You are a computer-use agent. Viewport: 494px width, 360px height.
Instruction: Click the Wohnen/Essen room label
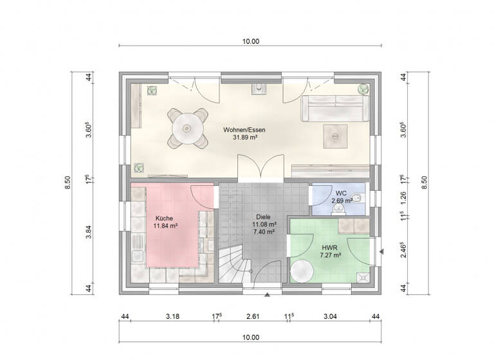point(244,129)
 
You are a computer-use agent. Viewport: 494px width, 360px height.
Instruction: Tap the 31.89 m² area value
point(244,137)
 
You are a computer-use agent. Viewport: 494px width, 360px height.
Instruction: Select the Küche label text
point(164,219)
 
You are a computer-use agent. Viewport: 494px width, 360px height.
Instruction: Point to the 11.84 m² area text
point(166,226)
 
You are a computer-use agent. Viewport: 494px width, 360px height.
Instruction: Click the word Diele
point(263,217)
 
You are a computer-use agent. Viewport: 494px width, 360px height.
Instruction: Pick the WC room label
point(341,193)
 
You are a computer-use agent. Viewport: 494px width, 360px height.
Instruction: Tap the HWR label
point(329,246)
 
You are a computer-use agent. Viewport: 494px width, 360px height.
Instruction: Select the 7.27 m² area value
point(330,255)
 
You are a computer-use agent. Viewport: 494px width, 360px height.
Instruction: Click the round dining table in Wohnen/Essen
point(188,127)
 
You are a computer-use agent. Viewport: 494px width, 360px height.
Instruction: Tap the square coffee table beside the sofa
point(335,135)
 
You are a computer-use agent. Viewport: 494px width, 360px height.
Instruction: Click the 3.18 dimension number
point(172,316)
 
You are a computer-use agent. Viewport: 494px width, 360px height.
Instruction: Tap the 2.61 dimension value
point(253,316)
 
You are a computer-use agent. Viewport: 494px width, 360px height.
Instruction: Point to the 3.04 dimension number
point(329,316)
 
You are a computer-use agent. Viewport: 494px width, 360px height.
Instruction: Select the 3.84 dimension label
point(90,235)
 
